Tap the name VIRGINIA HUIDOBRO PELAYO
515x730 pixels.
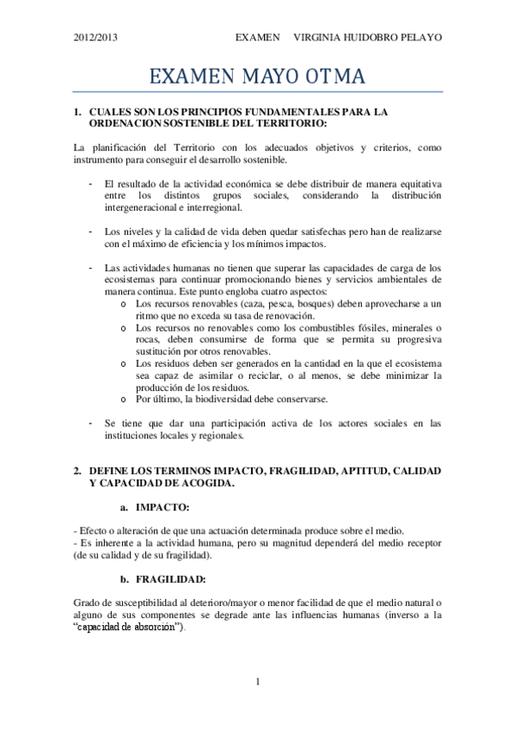[x=367, y=38]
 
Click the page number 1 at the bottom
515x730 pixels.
[x=257, y=683]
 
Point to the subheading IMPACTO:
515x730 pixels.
[x=162, y=507]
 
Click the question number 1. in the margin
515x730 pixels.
[x=78, y=112]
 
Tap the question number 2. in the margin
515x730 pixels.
[x=78, y=472]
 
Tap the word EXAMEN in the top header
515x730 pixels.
[x=258, y=38]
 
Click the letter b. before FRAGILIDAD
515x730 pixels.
[x=126, y=578]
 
